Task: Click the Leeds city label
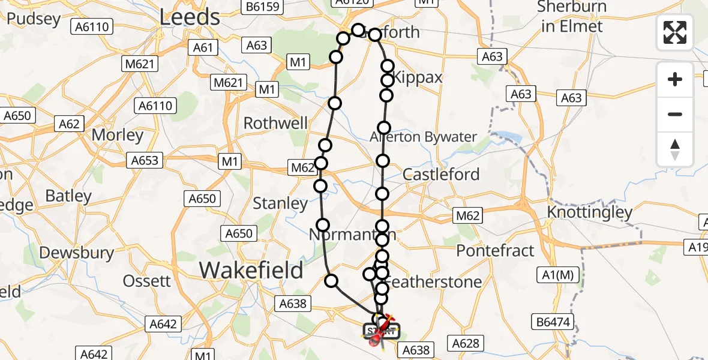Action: pyautogui.click(x=190, y=17)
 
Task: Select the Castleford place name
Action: pyautogui.click(x=441, y=175)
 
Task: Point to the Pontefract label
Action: pyautogui.click(x=496, y=250)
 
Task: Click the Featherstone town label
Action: pyautogui.click(x=436, y=281)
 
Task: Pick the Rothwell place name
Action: pyautogui.click(x=275, y=124)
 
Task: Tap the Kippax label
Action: pyautogui.click(x=419, y=77)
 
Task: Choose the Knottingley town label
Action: pyautogui.click(x=590, y=212)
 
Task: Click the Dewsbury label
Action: pyautogui.click(x=76, y=253)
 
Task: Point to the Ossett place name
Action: pyautogui.click(x=147, y=281)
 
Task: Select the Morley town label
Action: pyautogui.click(x=117, y=135)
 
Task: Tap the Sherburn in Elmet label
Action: pyautogui.click(x=572, y=17)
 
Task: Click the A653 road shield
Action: pyautogui.click(x=145, y=160)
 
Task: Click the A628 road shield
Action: pyautogui.click(x=466, y=343)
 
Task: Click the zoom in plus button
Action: pyautogui.click(x=675, y=80)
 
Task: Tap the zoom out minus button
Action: pyautogui.click(x=675, y=114)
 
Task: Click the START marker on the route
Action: pyautogui.click(x=381, y=331)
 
